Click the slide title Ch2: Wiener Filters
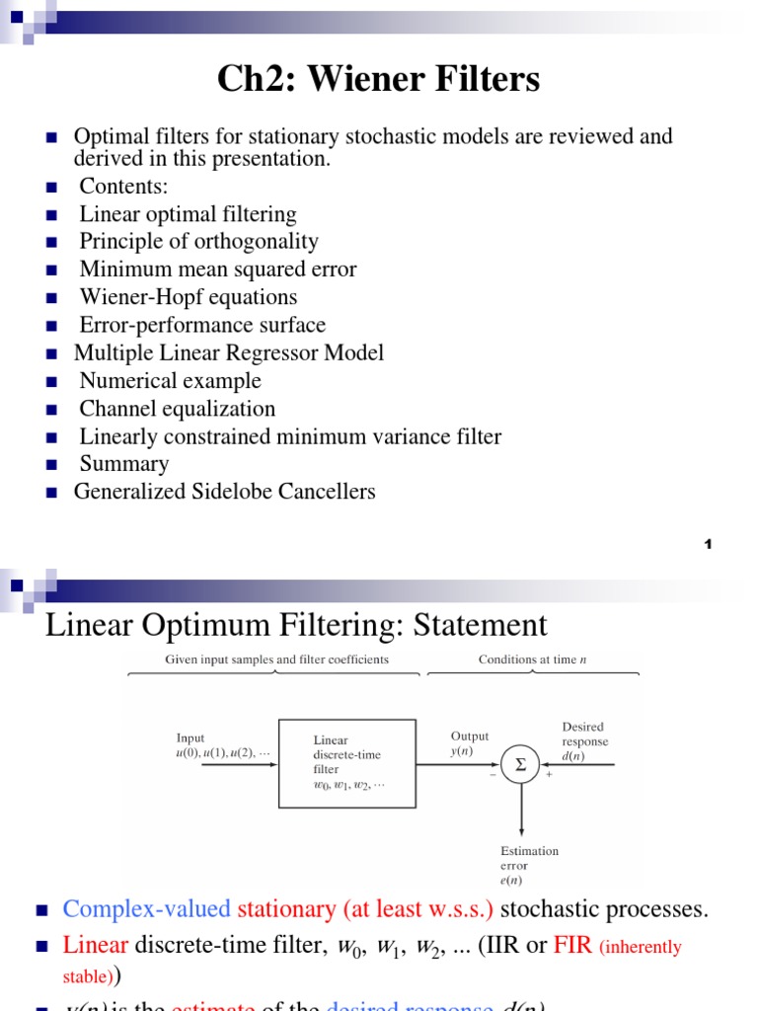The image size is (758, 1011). click(x=379, y=79)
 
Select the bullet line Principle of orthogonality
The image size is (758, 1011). click(x=198, y=242)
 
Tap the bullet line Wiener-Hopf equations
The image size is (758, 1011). click(x=188, y=297)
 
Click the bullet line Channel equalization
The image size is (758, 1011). click(x=177, y=409)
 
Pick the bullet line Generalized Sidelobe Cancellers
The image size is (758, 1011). click(x=224, y=492)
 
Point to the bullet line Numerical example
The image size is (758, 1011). click(x=170, y=381)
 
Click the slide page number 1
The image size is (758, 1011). click(x=709, y=545)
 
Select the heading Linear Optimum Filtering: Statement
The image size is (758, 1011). click(x=296, y=625)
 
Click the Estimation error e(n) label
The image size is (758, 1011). click(x=529, y=865)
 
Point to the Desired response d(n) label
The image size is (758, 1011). click(x=585, y=741)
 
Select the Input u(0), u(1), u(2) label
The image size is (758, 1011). click(x=221, y=744)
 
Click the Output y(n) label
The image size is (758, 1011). click(x=470, y=743)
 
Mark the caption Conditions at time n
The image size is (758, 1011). click(x=532, y=660)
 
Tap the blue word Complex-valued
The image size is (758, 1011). click(x=146, y=908)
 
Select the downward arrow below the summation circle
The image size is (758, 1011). click(x=521, y=810)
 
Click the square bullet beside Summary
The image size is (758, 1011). click(x=54, y=464)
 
